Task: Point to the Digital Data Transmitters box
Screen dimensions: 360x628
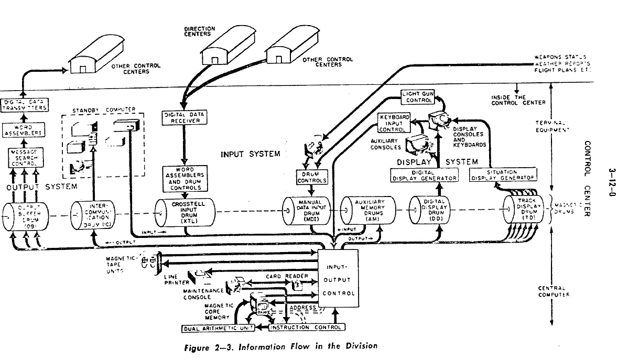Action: pos(24,105)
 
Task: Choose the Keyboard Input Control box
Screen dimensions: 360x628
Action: pos(392,122)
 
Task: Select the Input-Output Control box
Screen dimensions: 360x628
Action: pos(339,280)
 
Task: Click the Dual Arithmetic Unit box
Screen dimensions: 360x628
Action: pos(218,328)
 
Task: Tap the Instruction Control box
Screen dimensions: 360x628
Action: pos(307,328)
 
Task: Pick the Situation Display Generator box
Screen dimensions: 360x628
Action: pos(503,175)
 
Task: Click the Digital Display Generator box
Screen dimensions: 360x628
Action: pos(425,175)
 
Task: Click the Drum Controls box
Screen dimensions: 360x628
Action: pos(312,178)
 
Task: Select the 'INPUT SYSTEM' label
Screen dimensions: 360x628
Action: pos(251,154)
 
